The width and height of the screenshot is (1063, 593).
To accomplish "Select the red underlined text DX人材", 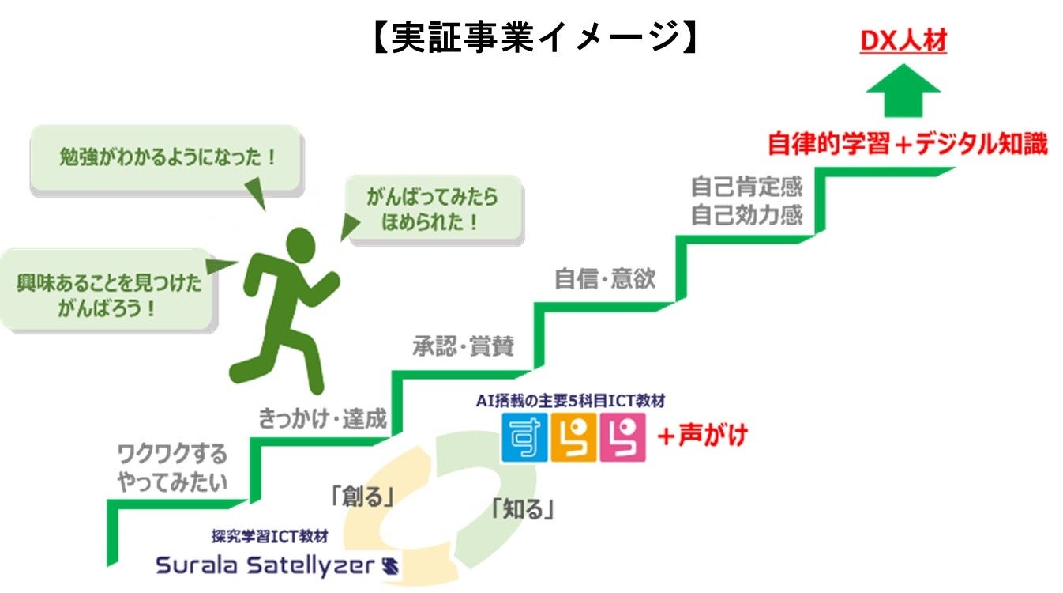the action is (903, 40).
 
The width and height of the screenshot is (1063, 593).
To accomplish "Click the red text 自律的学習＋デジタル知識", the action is (907, 145).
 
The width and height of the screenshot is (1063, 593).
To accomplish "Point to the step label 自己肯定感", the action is (746, 187).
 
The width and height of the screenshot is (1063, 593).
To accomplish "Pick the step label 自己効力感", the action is (746, 215).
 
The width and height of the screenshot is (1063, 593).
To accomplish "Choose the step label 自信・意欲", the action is (605, 279).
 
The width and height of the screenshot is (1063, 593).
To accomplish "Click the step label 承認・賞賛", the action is (463, 346).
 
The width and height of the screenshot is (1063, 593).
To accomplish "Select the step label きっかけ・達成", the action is (322, 418).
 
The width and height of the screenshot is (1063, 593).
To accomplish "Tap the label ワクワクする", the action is (171, 454).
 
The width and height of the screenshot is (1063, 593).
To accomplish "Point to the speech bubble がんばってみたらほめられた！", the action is (434, 209).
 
